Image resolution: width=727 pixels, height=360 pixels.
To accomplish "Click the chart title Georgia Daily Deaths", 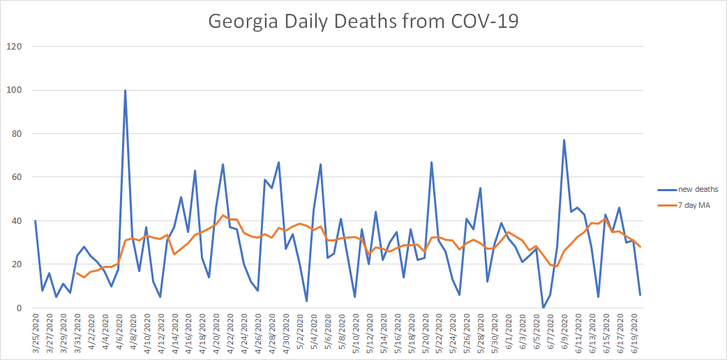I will (363, 21).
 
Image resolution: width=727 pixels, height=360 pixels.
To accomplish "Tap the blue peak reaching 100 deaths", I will (125, 90).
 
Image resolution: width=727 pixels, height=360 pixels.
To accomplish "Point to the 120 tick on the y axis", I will (14, 47).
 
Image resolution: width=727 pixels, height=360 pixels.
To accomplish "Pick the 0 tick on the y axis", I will (18, 308).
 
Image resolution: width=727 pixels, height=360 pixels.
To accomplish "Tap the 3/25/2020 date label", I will (36, 333).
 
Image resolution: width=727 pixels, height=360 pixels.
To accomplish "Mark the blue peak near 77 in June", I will (564, 140).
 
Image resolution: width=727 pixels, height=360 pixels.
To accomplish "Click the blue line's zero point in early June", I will (543, 308).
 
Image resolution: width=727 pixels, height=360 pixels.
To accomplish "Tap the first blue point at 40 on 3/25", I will (35, 221).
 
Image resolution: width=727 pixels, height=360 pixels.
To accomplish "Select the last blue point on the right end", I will (640, 295).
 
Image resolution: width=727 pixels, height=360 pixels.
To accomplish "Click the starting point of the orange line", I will (77, 273).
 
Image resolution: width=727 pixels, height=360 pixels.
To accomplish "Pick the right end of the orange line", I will (640, 246).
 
